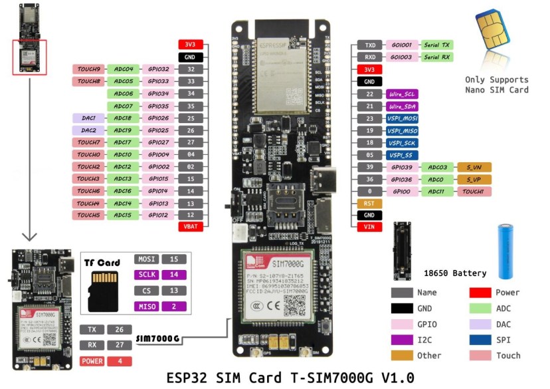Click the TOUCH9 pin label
(x=88, y=69)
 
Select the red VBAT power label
(x=191, y=227)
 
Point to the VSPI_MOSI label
(x=403, y=118)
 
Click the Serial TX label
(x=438, y=45)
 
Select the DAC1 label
(x=88, y=118)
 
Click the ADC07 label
(x=123, y=106)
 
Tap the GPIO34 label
(x=158, y=94)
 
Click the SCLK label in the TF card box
(x=146, y=275)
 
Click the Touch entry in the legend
(x=508, y=356)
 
